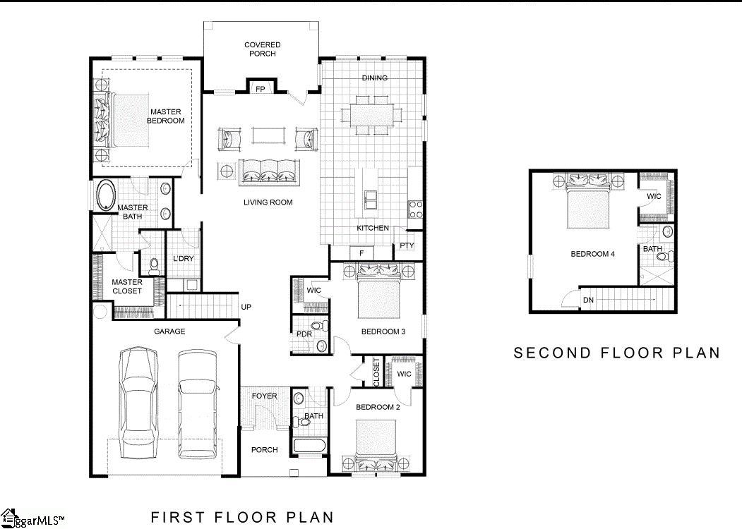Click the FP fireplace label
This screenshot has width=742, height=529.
(260, 89)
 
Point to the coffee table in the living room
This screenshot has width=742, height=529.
(268, 135)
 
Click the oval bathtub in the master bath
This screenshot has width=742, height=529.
(106, 195)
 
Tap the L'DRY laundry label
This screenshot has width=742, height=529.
(183, 259)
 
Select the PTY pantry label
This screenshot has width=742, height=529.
(407, 246)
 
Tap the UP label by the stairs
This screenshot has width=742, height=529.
(246, 307)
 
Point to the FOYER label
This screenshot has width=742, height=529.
(265, 396)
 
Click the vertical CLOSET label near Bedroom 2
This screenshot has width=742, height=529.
(376, 372)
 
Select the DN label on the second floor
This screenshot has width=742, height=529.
(588, 300)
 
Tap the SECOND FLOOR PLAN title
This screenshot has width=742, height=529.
(616, 353)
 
